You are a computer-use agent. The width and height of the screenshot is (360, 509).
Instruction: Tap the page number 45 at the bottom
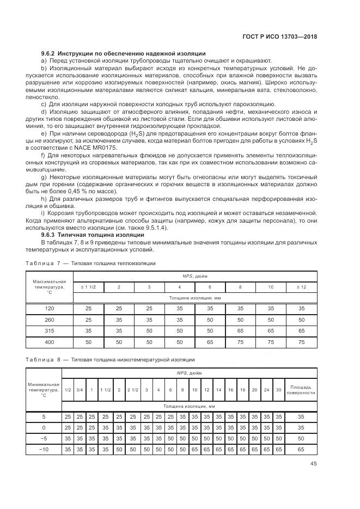(314, 464)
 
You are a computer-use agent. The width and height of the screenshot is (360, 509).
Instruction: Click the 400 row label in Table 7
(49, 341)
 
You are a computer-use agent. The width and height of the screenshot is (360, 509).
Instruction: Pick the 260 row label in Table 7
(49, 319)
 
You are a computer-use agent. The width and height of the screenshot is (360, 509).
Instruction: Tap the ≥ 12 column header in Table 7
(301, 286)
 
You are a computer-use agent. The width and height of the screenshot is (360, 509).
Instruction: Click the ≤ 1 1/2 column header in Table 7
(89, 286)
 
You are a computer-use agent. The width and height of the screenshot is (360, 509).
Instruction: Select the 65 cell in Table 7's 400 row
(210, 341)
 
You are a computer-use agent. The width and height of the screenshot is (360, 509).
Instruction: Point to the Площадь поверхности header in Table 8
(301, 389)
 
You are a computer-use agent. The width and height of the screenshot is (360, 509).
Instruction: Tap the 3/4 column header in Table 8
(80, 389)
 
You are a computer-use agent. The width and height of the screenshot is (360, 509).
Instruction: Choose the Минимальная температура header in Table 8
(43, 389)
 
